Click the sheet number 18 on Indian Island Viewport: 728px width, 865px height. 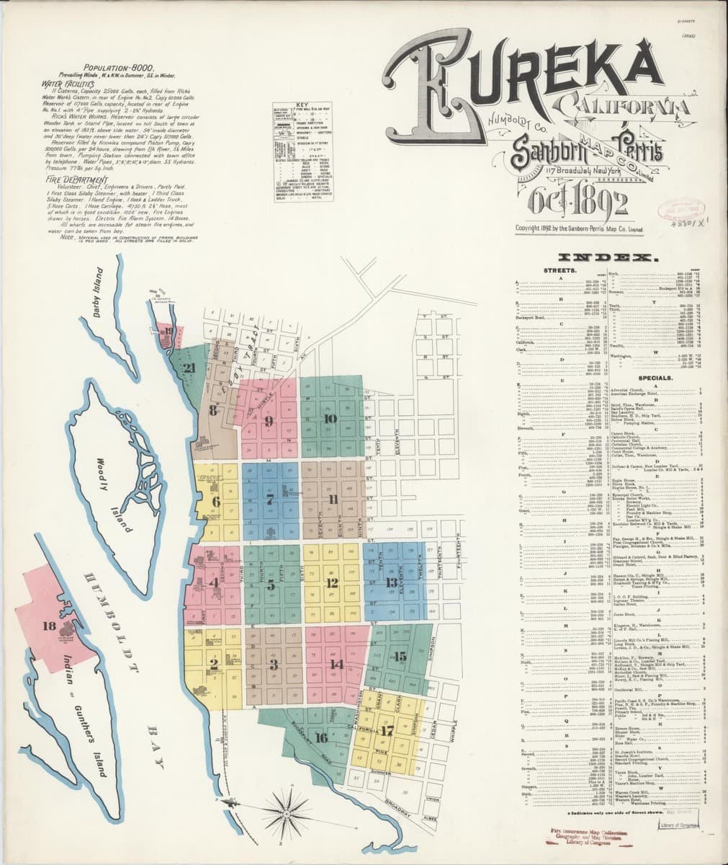click(x=48, y=625)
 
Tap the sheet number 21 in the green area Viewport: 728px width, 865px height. click(x=189, y=368)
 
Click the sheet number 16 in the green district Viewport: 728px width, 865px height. click(x=321, y=737)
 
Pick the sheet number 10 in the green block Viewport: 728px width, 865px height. click(x=331, y=418)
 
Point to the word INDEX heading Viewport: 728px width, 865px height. click(x=608, y=257)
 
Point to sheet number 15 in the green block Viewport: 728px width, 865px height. click(x=400, y=655)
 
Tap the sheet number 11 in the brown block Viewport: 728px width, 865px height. click(x=333, y=499)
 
